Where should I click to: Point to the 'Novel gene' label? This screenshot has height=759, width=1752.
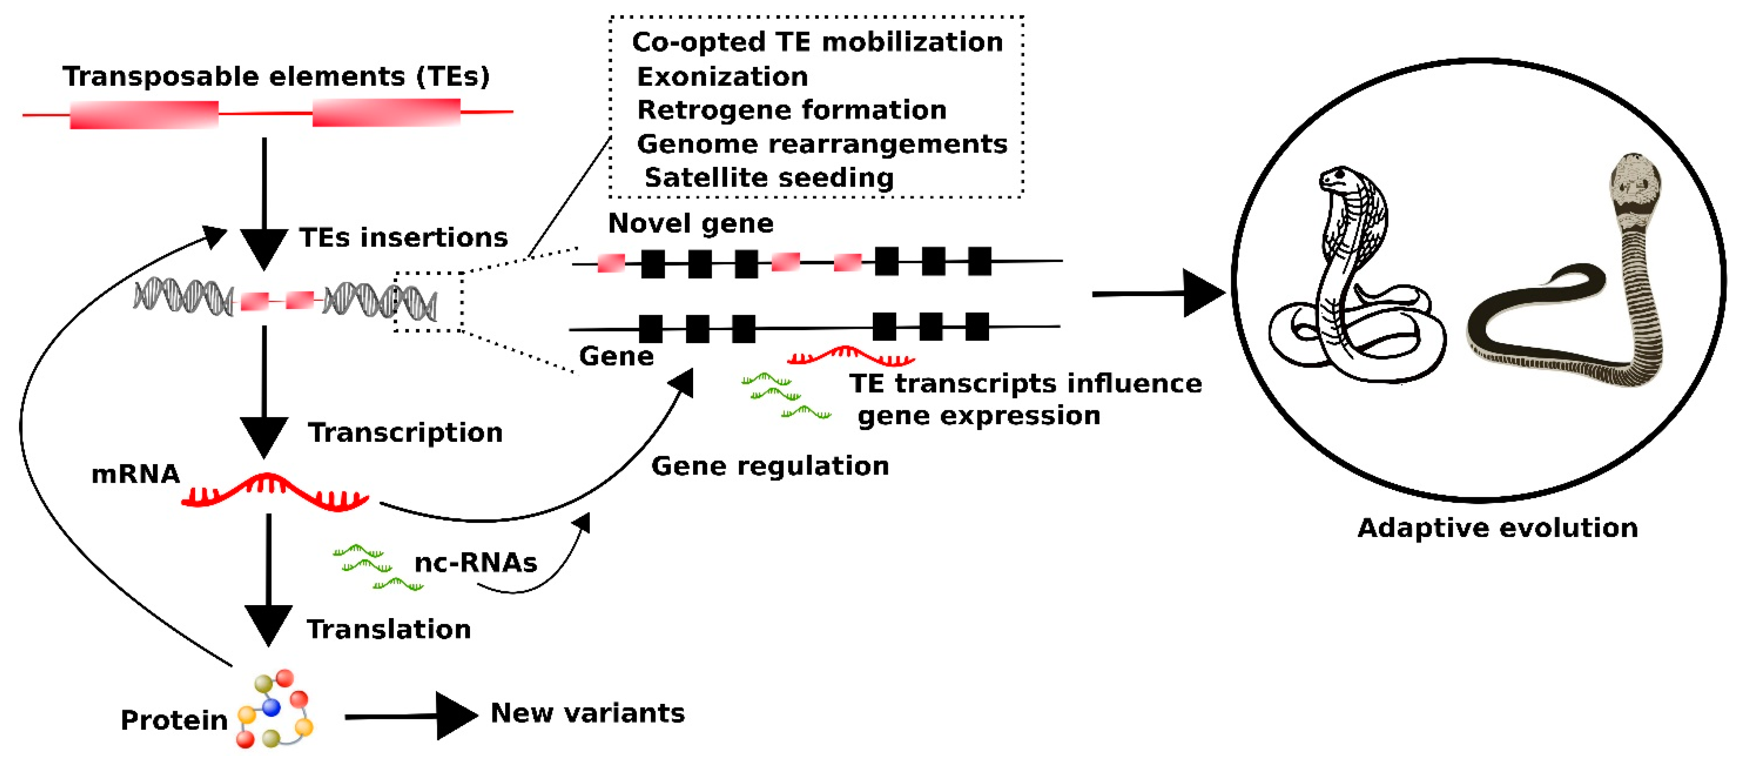click(x=690, y=223)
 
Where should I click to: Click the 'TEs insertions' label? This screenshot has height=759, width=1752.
click(x=403, y=237)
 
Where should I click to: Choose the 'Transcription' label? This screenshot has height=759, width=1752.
click(x=405, y=433)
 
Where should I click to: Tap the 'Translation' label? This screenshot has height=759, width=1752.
click(x=388, y=629)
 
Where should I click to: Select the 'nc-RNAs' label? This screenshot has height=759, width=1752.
click(x=476, y=563)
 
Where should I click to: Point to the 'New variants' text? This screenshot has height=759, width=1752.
click(x=587, y=713)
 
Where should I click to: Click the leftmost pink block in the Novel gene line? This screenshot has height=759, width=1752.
click(x=611, y=263)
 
